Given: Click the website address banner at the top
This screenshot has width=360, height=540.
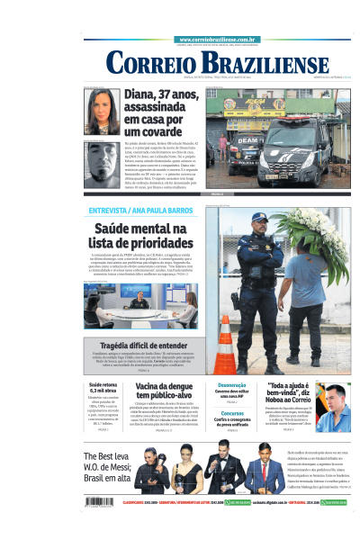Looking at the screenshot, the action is click(x=220, y=40).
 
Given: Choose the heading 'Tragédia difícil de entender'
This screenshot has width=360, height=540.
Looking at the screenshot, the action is click(x=143, y=345).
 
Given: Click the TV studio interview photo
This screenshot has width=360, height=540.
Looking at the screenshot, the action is click(x=141, y=306).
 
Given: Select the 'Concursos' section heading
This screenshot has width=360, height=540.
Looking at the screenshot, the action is click(x=231, y=416).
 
